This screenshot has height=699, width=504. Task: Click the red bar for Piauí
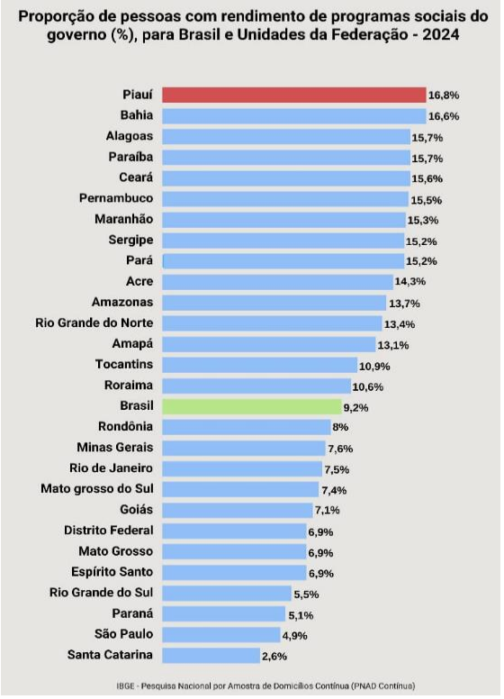pyautogui.click(x=294, y=95)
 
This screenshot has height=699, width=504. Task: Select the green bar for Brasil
pyautogui.click(x=252, y=406)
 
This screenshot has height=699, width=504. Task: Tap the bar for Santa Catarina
pyautogui.click(x=211, y=656)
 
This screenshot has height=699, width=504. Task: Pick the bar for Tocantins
pyautogui.click(x=259, y=365)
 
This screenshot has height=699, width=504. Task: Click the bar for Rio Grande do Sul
pyautogui.click(x=227, y=594)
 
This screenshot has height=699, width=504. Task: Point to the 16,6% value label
pyautogui.click(x=444, y=116)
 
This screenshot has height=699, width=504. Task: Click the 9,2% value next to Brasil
pyautogui.click(x=355, y=407)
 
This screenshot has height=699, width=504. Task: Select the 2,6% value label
pyautogui.click(x=274, y=656)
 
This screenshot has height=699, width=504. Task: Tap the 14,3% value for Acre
pyautogui.click(x=410, y=281)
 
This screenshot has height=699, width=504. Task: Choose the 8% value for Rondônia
pyautogui.click(x=340, y=427)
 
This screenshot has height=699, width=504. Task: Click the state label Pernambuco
pyautogui.click(x=116, y=198)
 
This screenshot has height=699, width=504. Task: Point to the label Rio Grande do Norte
pyautogui.click(x=94, y=322)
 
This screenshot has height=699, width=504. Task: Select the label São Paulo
pyautogui.click(x=124, y=634)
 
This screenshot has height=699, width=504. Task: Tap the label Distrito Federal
pyautogui.click(x=109, y=530)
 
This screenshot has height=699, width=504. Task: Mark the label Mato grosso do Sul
pyautogui.click(x=97, y=488)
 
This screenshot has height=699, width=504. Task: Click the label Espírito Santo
pyautogui.click(x=112, y=572)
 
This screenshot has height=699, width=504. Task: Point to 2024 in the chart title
pyautogui.click(x=441, y=34)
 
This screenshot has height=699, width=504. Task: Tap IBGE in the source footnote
pyautogui.click(x=125, y=686)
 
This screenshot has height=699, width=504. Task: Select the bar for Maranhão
pyautogui.click(x=284, y=220)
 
